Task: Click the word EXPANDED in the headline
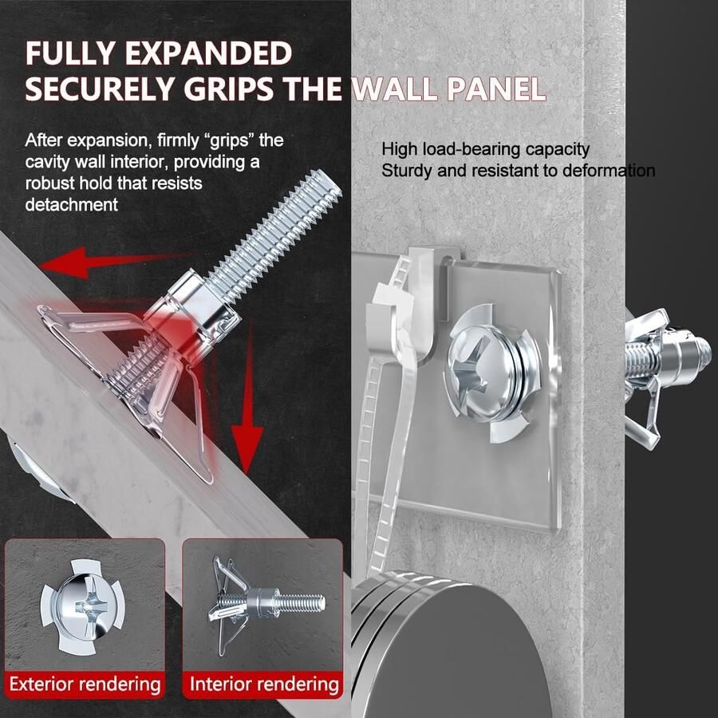click(208, 53)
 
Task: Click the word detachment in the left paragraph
click(72, 204)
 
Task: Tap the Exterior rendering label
click(85, 684)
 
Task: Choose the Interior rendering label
click(264, 684)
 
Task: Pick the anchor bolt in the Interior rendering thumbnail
click(266, 602)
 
